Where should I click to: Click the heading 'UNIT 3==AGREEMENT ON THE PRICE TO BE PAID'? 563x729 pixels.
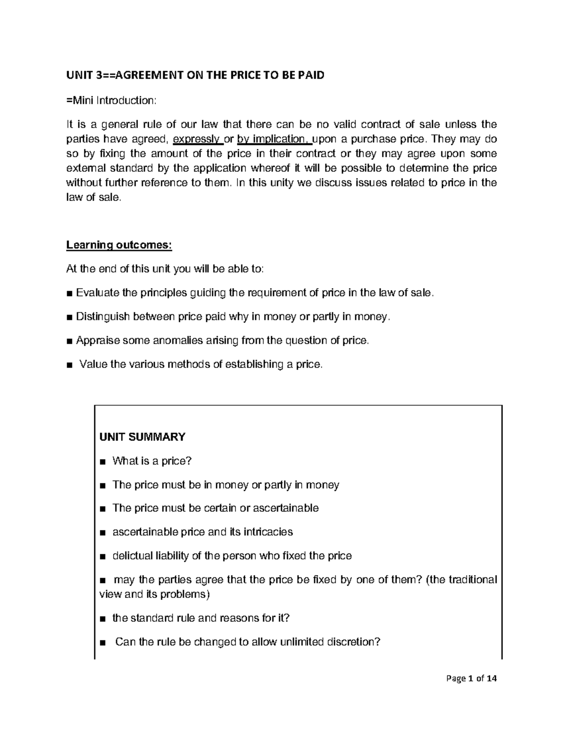tap(195, 76)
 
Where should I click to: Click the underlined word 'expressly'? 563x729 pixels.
tap(197, 139)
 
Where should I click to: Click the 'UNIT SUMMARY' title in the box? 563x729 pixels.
tap(142, 437)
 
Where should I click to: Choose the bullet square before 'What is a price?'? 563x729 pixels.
tap(103, 462)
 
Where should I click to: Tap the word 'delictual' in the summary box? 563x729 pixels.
tap(132, 556)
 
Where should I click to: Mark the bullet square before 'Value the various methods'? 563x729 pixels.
tap(69, 365)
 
